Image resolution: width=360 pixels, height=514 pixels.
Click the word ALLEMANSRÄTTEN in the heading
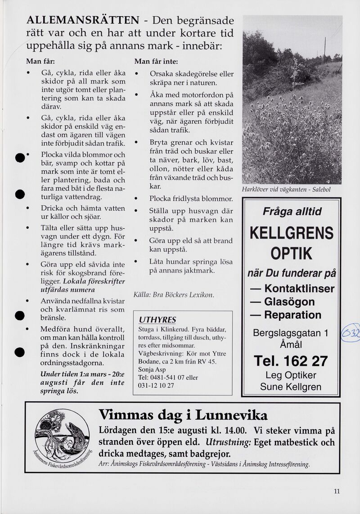tap(83, 20)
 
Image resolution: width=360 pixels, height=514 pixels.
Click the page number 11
tap(337, 491)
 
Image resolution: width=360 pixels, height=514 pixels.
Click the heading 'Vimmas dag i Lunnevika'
tap(183, 415)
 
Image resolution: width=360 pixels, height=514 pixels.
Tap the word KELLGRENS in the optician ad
tap(291, 233)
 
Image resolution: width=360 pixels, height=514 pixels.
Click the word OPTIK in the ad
tap(291, 254)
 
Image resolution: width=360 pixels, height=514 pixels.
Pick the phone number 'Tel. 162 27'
tap(291, 361)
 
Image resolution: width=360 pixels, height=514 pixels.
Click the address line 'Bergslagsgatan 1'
tap(291, 333)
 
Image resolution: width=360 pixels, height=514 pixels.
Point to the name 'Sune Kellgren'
tap(291, 387)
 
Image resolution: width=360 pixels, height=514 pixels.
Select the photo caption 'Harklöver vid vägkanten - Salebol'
tap(286, 189)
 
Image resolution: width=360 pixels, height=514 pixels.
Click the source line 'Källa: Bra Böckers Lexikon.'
tap(173, 295)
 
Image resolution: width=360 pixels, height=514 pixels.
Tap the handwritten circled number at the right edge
tap(351, 334)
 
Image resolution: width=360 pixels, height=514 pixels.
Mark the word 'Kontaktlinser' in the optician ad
tap(299, 289)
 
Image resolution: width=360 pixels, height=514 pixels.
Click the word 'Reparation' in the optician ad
tap(292, 315)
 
